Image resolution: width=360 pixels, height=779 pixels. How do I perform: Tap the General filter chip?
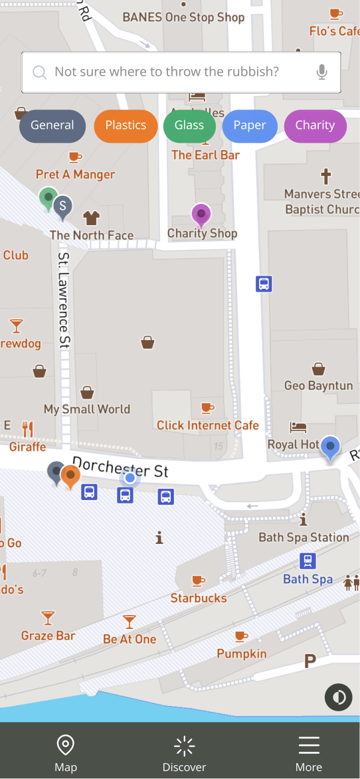(52, 126)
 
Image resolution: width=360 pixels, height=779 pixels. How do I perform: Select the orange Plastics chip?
(126, 126)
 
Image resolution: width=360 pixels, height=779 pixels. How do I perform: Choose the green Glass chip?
(189, 126)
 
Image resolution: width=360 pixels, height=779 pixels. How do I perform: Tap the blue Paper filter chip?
(250, 126)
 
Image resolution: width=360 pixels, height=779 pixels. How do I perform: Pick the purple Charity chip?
(315, 126)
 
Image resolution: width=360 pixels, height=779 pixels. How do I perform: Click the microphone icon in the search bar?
(322, 72)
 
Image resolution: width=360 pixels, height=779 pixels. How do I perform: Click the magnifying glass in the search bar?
(40, 72)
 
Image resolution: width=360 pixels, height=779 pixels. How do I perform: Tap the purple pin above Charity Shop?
(201, 215)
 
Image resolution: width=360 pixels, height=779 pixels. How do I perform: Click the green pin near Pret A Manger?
(48, 198)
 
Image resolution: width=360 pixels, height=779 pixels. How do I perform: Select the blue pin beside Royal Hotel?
(330, 446)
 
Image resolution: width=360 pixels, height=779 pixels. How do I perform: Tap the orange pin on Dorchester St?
(70, 476)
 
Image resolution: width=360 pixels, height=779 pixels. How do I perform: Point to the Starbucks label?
(199, 598)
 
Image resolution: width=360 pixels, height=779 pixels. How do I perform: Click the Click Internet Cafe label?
(208, 425)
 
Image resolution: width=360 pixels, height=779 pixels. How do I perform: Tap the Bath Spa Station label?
(304, 537)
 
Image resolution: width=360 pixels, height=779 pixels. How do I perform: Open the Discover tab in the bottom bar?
(185, 754)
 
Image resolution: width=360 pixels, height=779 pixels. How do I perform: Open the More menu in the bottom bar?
(309, 754)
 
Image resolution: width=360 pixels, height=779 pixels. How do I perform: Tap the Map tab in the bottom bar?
(66, 754)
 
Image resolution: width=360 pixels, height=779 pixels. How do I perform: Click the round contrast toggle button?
(339, 697)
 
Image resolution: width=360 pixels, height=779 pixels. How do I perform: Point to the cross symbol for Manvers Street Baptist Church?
(325, 177)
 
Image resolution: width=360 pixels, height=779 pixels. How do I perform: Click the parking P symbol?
(310, 661)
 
